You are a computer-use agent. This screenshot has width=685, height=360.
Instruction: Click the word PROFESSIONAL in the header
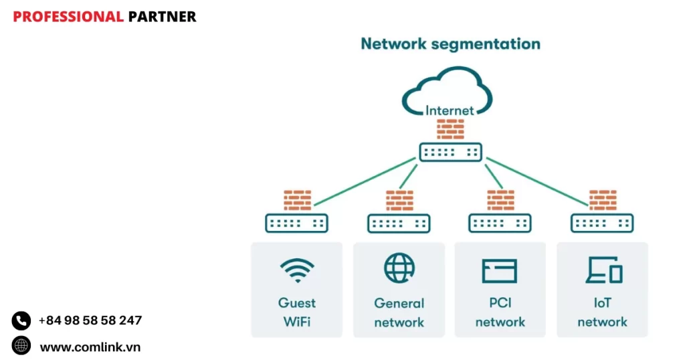[x=68, y=17]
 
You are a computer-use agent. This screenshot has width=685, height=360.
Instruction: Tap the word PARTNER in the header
[x=162, y=17]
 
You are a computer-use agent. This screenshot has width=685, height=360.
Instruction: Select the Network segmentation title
[x=450, y=44]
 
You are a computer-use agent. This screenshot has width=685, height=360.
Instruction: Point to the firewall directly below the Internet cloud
[x=450, y=128]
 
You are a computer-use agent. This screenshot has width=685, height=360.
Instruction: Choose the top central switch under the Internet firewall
[x=450, y=152]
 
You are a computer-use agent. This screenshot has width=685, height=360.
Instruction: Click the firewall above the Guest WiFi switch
[x=297, y=200]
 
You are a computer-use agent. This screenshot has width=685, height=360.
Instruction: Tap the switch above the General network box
[x=399, y=223]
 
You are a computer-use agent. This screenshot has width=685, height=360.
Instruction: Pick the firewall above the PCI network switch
[x=500, y=200]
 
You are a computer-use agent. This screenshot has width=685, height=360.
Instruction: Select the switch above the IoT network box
[x=602, y=223]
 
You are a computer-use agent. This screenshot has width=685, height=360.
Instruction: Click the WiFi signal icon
[x=297, y=270]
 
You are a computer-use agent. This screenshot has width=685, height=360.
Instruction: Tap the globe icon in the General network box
[x=399, y=268]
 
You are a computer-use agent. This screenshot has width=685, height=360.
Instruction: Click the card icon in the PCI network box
[x=500, y=270]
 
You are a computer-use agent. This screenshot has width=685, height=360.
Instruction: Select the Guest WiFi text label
[x=297, y=312]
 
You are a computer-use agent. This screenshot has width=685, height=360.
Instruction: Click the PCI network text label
[x=500, y=312]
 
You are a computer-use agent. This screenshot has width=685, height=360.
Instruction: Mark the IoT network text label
[x=602, y=312]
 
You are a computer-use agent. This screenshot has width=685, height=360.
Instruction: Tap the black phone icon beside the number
[x=21, y=321]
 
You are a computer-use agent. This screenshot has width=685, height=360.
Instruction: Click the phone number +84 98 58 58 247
[x=90, y=321]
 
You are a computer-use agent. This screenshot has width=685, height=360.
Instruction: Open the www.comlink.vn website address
[x=90, y=347]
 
